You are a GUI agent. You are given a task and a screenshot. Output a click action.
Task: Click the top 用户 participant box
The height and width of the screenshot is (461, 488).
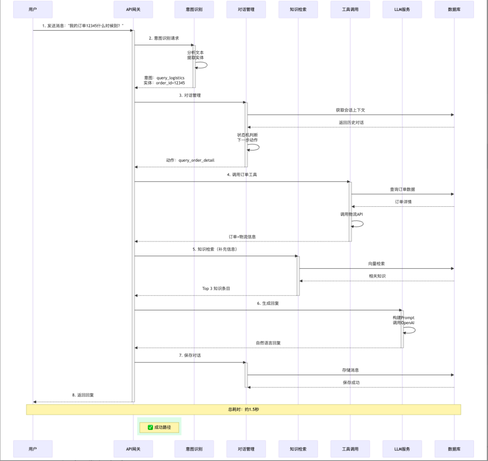pyautogui.click(x=33, y=9)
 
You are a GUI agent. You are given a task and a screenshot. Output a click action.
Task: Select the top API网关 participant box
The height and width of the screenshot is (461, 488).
pyautogui.click(x=133, y=9)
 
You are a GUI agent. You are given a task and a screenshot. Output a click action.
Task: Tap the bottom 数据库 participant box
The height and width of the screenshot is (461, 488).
pyautogui.click(x=454, y=449)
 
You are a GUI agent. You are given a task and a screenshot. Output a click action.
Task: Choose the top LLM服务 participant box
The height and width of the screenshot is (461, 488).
pyautogui.click(x=402, y=9)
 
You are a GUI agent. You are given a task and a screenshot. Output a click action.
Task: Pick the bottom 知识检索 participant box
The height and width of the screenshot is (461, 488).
pyautogui.click(x=298, y=449)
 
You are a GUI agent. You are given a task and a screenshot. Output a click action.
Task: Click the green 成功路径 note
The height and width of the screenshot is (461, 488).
pyautogui.click(x=159, y=427)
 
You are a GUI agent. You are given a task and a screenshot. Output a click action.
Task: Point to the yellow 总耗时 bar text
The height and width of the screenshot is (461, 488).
pyautogui.click(x=243, y=410)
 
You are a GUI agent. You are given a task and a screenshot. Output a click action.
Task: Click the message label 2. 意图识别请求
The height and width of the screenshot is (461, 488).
pyautogui.click(x=164, y=38)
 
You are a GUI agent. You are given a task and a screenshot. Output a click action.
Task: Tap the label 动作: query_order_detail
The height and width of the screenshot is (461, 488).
pyautogui.click(x=190, y=160)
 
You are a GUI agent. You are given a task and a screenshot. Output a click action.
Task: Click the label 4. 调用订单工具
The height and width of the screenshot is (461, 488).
pyautogui.click(x=242, y=174)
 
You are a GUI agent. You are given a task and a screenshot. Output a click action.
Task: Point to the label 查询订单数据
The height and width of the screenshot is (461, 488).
pyautogui.click(x=402, y=189)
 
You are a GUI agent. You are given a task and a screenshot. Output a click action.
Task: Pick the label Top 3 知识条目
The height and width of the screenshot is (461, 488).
pyautogui.click(x=216, y=289)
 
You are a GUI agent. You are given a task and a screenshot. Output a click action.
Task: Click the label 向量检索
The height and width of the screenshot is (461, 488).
pyautogui.click(x=376, y=263)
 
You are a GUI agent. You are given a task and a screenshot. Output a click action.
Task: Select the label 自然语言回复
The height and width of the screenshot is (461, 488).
pyautogui.click(x=268, y=343)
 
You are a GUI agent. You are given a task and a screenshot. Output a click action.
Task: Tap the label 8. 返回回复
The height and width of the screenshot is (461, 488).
pyautogui.click(x=83, y=395)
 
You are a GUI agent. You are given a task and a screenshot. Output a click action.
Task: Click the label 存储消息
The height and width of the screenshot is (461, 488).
pyautogui.click(x=350, y=370)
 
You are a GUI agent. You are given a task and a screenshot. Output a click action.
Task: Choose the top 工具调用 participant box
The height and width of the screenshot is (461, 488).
pyautogui.click(x=350, y=9)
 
